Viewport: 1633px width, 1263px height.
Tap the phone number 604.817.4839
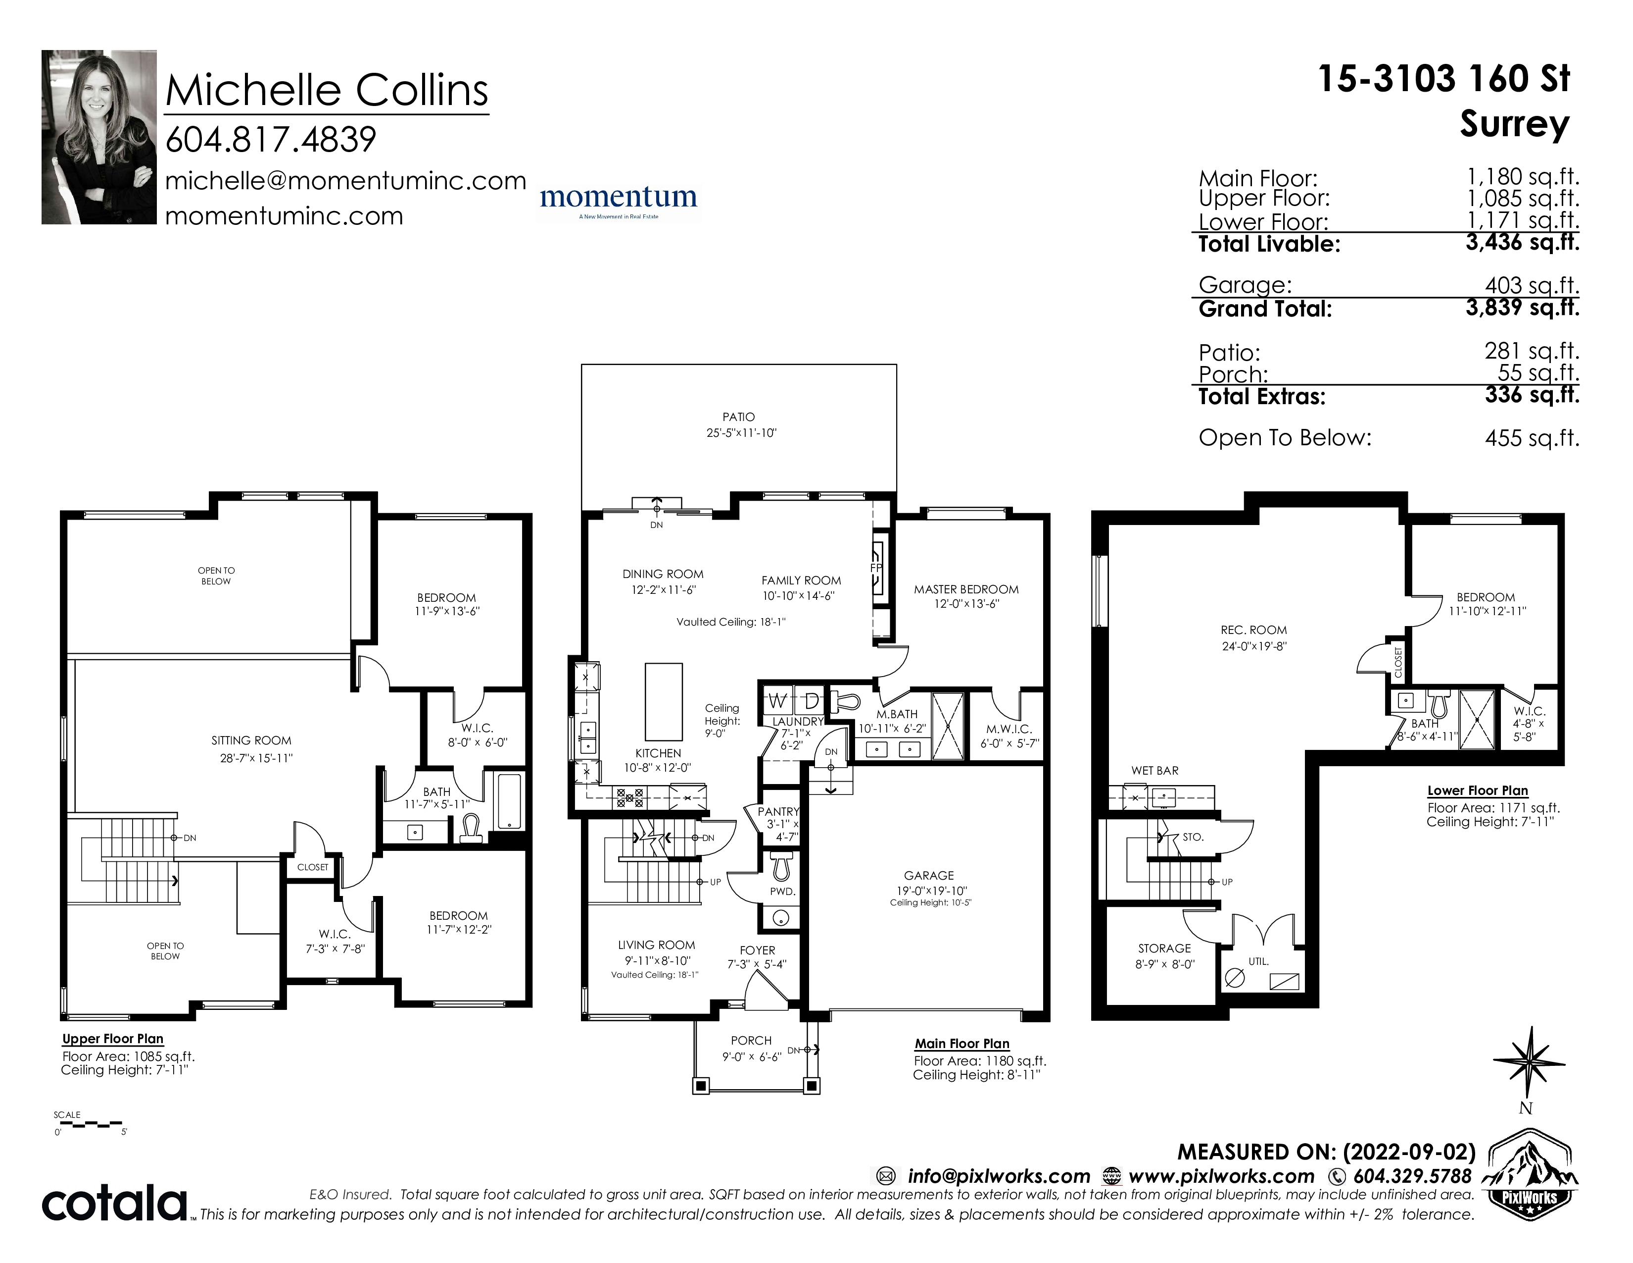point(271,140)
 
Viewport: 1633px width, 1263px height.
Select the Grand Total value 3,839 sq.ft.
point(1522,308)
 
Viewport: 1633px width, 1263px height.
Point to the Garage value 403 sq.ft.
point(1532,285)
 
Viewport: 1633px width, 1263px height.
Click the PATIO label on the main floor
point(739,417)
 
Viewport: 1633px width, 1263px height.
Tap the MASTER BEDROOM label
point(966,589)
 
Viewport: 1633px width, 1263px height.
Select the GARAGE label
point(929,875)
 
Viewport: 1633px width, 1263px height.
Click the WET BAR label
point(1154,771)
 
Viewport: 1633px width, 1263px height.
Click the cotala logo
point(114,1204)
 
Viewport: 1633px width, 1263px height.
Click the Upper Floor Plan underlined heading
point(112,1039)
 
